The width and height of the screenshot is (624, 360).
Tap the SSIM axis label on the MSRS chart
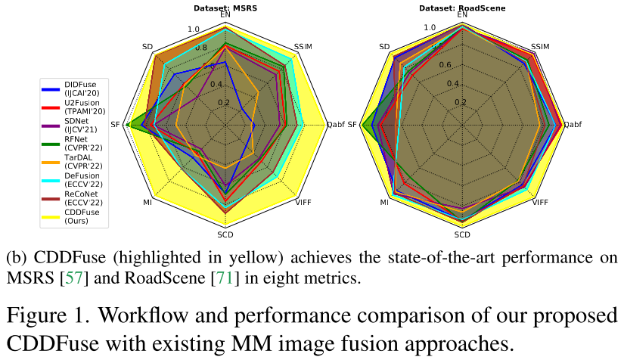[303, 47]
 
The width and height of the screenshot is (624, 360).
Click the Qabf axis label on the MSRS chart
[337, 124]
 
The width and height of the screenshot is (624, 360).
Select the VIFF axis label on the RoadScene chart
[540, 202]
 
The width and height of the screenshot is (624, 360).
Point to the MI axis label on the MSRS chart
[147, 202]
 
